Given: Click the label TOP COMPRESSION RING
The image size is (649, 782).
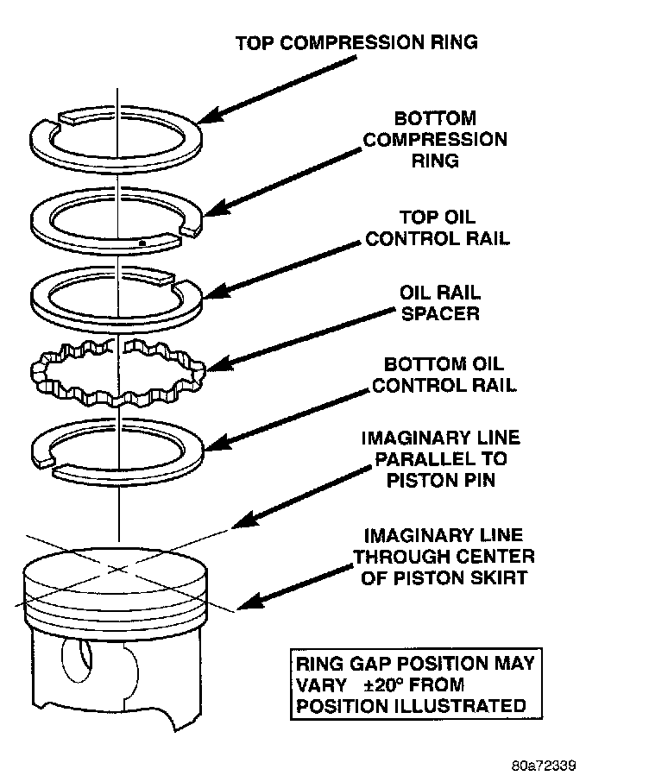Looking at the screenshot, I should click(x=356, y=41).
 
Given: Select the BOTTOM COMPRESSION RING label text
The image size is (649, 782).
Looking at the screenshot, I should click(x=435, y=139).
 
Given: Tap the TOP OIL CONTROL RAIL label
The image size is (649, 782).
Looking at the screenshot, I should click(x=437, y=228).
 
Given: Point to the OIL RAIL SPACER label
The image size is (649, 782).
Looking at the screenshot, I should click(x=439, y=303).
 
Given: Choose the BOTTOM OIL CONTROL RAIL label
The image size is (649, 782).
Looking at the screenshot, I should click(x=444, y=375).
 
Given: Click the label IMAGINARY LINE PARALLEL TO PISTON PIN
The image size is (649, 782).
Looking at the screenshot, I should click(x=440, y=458).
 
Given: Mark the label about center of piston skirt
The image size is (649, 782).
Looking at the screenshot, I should click(x=444, y=557).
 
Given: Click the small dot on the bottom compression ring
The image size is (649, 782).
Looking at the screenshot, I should click(x=141, y=243).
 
